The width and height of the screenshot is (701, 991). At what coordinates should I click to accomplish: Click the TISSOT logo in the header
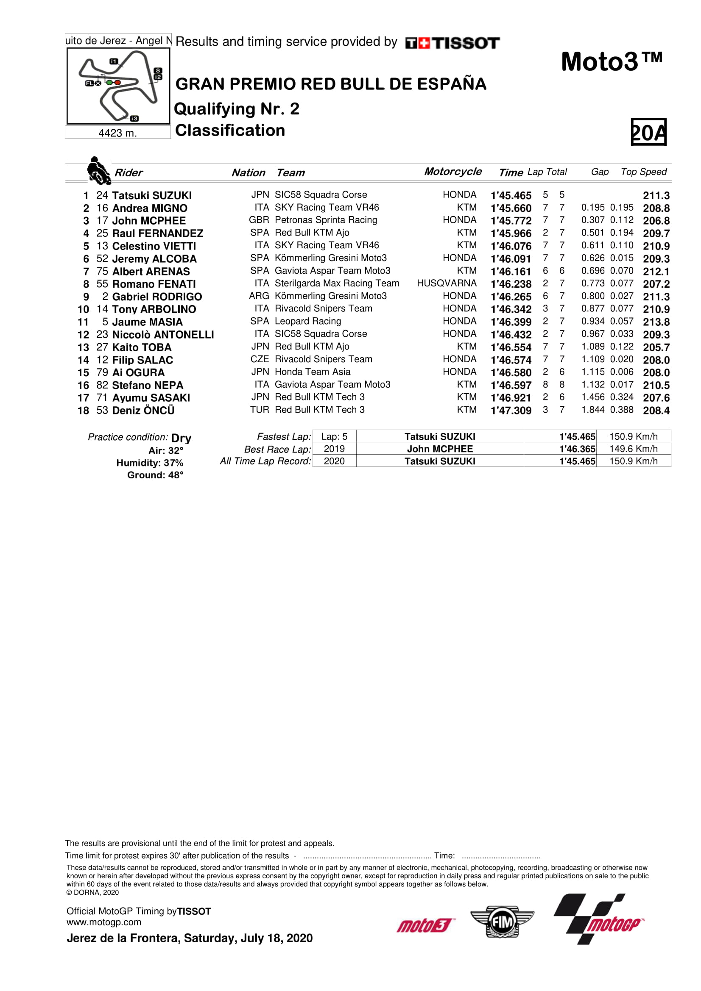tap(452, 43)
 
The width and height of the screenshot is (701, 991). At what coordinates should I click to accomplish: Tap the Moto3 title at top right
tap(611, 62)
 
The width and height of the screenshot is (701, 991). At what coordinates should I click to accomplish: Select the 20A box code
tap(648, 132)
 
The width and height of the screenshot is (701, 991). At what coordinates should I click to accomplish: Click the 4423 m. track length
tap(117, 133)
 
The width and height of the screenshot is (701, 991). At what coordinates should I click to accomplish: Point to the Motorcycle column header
tap(452, 172)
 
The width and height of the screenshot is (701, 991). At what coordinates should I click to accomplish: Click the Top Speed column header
tap(644, 172)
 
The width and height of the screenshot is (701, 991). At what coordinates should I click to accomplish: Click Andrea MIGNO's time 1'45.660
tap(511, 208)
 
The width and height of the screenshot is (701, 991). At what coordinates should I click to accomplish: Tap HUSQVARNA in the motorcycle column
tap(447, 283)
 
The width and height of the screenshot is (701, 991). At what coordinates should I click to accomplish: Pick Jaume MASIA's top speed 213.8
tap(656, 322)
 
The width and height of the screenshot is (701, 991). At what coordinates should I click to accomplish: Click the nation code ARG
tap(259, 296)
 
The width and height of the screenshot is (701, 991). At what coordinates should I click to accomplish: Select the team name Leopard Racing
tap(308, 322)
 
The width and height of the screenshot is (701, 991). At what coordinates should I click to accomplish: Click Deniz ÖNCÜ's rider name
tap(143, 411)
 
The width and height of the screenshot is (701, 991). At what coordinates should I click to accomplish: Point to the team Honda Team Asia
tap(313, 372)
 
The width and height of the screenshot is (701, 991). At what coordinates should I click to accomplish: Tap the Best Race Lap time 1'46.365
tap(577, 449)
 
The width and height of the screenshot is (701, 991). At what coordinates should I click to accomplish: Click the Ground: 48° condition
tap(155, 475)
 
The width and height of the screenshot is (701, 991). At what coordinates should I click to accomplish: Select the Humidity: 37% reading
tap(150, 463)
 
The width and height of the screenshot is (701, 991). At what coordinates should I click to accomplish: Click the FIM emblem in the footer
tap(502, 922)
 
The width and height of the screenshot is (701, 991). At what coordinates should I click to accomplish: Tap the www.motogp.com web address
tap(103, 922)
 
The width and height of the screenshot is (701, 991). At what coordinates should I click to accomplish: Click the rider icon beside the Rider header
tap(98, 170)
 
